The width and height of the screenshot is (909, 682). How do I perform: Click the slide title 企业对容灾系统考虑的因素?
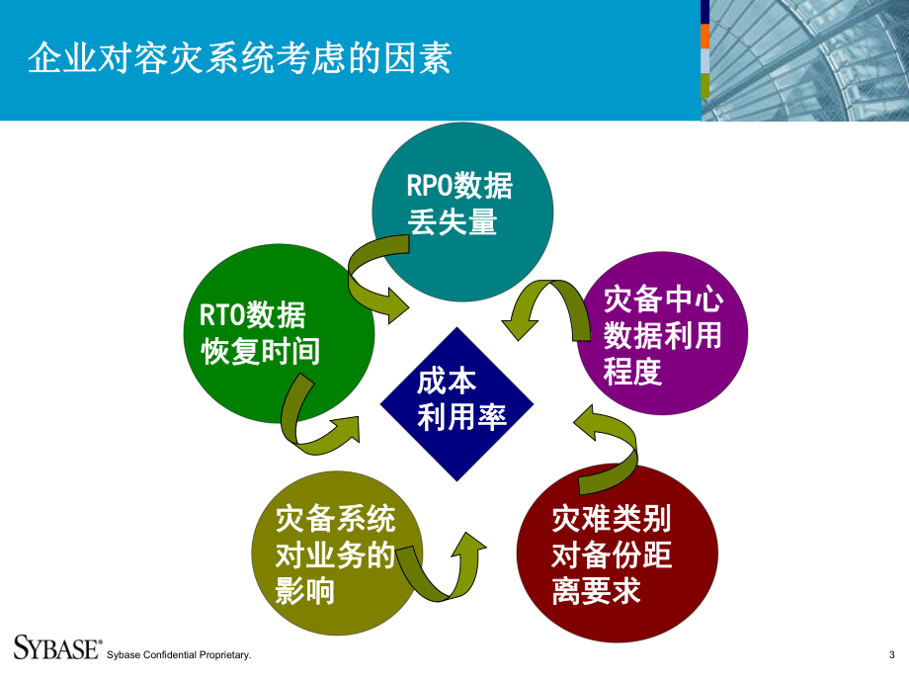tap(238, 59)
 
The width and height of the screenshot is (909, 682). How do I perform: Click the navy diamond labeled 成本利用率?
tap(457, 403)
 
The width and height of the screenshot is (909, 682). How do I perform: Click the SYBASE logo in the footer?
tap(57, 647)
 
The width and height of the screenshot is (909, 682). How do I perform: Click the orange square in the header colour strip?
tap(704, 36)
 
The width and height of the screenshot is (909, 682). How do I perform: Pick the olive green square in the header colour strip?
tap(704, 85)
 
